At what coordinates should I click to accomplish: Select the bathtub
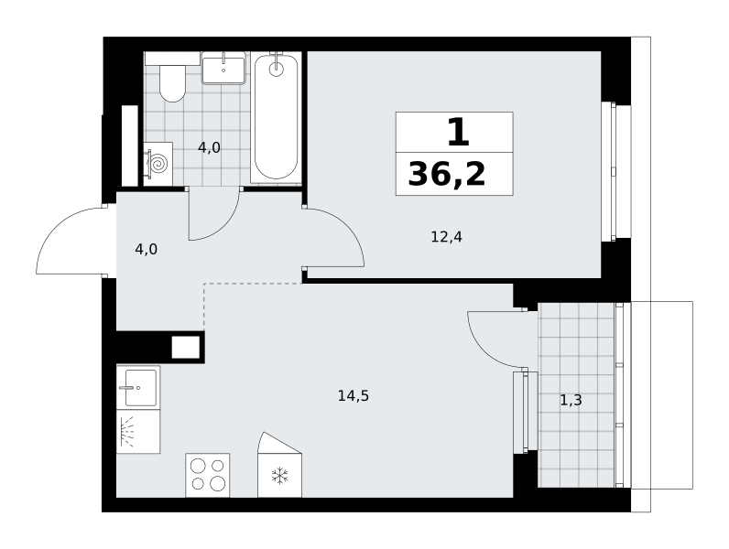277,117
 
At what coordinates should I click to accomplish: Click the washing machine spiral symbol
158,164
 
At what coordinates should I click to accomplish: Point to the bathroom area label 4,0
209,147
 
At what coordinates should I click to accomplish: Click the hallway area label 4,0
146,250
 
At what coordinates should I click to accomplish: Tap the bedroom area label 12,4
446,237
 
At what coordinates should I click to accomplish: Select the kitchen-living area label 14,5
354,396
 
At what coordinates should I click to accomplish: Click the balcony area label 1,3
571,400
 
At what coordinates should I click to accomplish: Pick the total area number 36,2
447,175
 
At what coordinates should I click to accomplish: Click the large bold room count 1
459,132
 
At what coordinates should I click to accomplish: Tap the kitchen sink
138,387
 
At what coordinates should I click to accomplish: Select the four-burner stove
208,475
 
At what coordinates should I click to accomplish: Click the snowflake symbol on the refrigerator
280,476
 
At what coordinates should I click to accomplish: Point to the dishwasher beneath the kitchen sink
138,432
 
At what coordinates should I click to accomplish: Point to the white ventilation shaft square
186,347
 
